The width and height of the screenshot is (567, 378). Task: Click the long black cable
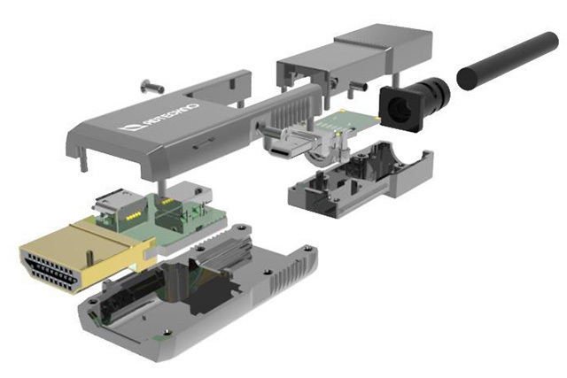tap(508, 60)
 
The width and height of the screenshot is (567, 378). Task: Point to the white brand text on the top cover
tap(169, 116)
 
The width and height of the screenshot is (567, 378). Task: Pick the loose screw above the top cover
tap(151, 86)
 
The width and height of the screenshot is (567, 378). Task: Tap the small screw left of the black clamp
tap(357, 87)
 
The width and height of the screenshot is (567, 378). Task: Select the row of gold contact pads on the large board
tap(133, 217)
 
